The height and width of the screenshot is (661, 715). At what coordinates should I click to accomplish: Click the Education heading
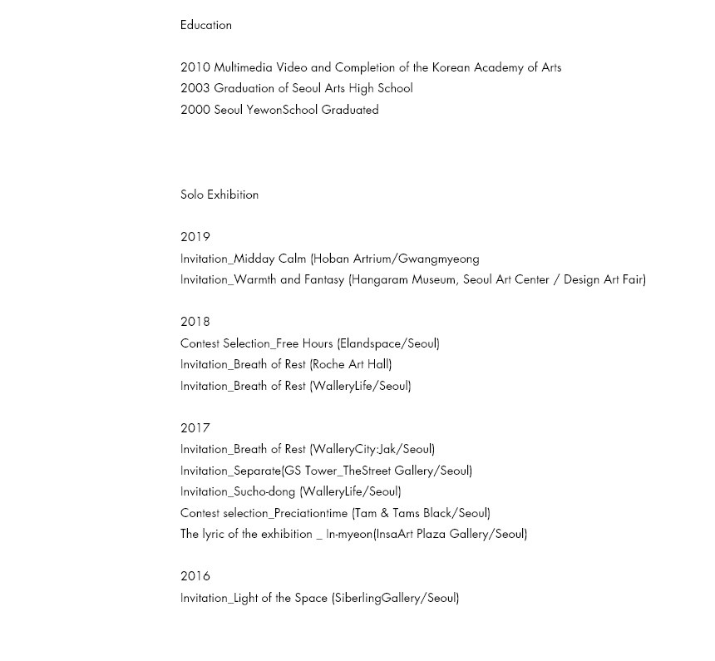pyautogui.click(x=206, y=25)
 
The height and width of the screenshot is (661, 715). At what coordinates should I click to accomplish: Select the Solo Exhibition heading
pyautogui.click(x=219, y=195)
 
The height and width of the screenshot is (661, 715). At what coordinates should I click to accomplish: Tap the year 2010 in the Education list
pyautogui.click(x=195, y=67)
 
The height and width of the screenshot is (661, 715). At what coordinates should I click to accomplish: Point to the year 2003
pyautogui.click(x=195, y=88)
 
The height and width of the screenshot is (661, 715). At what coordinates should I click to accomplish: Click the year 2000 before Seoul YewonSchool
pyautogui.click(x=195, y=110)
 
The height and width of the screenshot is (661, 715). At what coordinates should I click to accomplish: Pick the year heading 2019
pyautogui.click(x=195, y=237)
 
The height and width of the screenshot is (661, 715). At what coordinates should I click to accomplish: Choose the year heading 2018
pyautogui.click(x=195, y=322)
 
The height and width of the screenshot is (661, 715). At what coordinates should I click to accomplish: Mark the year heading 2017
pyautogui.click(x=195, y=428)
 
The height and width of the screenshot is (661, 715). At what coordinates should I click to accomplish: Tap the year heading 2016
pyautogui.click(x=195, y=576)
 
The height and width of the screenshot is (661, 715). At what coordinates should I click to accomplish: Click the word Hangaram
pyautogui.click(x=378, y=279)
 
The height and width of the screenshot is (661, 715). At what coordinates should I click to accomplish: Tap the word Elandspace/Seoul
pyautogui.click(x=388, y=343)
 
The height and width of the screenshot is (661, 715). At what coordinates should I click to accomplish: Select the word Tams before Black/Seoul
pyautogui.click(x=406, y=513)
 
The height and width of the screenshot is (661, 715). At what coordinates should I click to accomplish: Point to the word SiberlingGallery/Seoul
pyautogui.click(x=395, y=598)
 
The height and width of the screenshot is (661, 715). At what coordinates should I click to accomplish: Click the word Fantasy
pyautogui.click(x=324, y=279)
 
